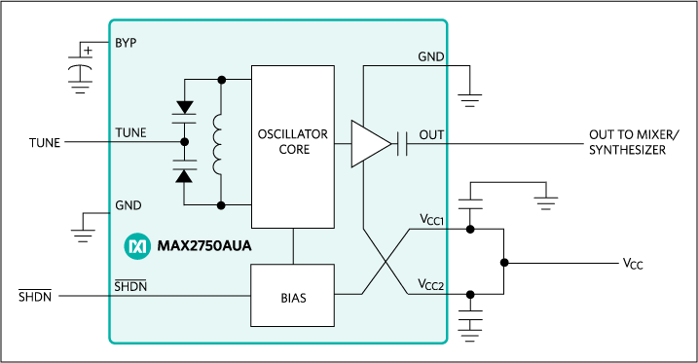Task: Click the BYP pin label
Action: (127, 44)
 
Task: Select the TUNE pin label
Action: (131, 133)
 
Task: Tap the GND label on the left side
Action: (129, 205)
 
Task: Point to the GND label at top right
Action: (431, 56)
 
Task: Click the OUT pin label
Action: (431, 133)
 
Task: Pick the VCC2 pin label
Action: (428, 285)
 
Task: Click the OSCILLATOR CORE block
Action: (293, 142)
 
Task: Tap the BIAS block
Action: (293, 297)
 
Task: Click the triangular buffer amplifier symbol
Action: (369, 145)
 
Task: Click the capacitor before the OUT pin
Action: (402, 145)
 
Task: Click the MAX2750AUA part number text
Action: (204, 246)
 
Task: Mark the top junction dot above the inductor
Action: (223, 80)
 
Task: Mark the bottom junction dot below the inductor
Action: (223, 205)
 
